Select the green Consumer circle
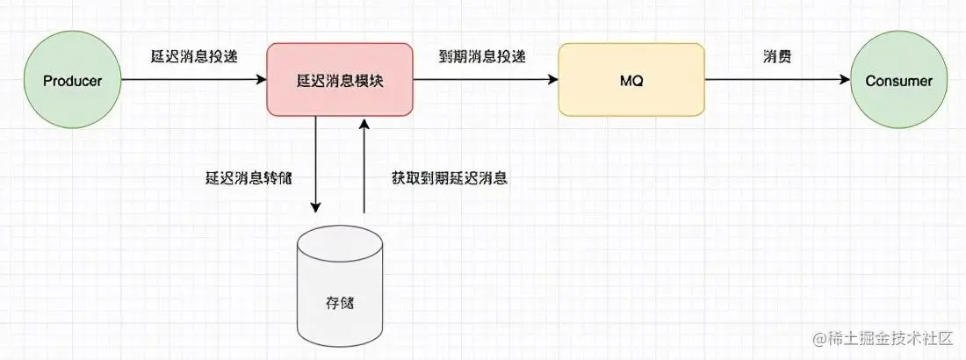898,80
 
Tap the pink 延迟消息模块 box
339,80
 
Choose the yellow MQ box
631,80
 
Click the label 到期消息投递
482,55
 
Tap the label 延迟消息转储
248,177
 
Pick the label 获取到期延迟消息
450,177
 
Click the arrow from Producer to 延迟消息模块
193,80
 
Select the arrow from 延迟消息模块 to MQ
485,80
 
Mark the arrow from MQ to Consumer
777,80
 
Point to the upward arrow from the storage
363,167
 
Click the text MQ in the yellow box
631,81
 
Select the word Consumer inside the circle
898,81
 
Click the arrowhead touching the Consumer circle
846,80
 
